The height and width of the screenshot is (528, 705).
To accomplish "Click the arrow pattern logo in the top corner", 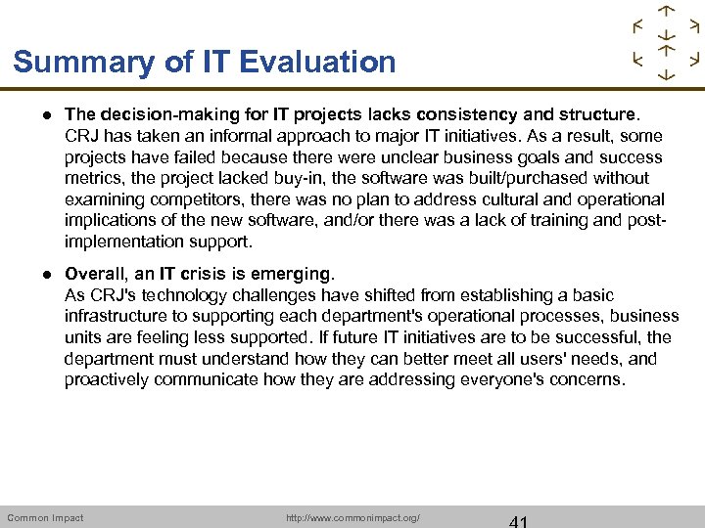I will pyautogui.click(x=666, y=43).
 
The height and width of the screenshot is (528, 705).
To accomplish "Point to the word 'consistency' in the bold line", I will pyautogui.click(x=422, y=114).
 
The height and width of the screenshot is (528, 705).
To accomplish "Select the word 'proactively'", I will pyautogui.click(x=109, y=379).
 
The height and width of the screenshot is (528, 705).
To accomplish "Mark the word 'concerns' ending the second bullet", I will pyautogui.click(x=586, y=379).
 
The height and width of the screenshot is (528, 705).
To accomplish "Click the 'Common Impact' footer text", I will pyautogui.click(x=45, y=517).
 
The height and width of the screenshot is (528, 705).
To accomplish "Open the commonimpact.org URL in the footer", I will pyautogui.click(x=352, y=517).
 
